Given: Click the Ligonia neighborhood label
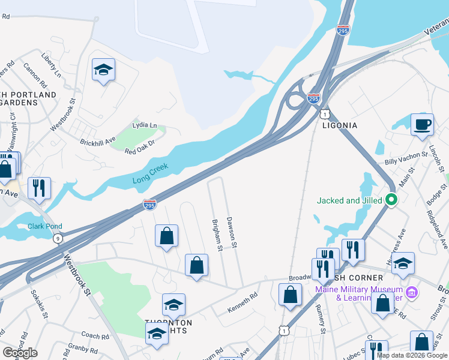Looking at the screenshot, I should pos(339,125).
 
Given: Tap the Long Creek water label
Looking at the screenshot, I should pos(151,173).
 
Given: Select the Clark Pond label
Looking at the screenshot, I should pos(45,227).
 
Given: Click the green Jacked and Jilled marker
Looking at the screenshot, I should pos(391,200).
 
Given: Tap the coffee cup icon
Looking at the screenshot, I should pos(422,124).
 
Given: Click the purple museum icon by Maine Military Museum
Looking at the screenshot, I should pos(411,292).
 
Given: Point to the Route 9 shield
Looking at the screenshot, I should pos(58,239).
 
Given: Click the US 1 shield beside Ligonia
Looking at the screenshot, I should pos(324,113).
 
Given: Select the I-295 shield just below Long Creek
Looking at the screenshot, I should pos(150,205).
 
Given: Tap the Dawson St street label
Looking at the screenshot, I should pos(232,233).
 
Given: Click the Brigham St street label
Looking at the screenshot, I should pos(217,235).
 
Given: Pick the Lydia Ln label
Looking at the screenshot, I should pos(145,125).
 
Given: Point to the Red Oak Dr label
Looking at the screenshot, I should pos(140,147).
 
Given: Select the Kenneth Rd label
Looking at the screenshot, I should pos(242,303).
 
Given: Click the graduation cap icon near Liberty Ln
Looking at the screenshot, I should pos(103,70).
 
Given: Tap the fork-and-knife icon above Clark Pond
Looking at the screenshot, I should pos(39,188).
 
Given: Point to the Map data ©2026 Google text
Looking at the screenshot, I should pos(412,355).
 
